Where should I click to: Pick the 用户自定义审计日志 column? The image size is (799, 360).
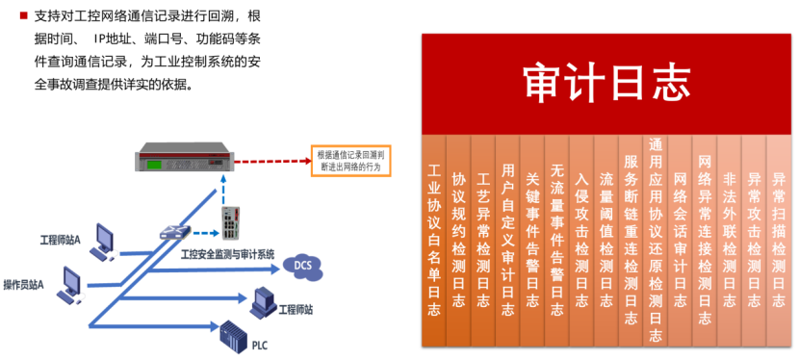tap(507, 241)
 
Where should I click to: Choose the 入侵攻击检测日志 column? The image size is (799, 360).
tap(580, 241)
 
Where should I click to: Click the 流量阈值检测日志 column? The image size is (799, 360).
tap(606, 241)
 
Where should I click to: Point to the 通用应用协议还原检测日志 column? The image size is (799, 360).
tap(656, 241)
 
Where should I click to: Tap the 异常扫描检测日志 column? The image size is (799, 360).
tap(779, 241)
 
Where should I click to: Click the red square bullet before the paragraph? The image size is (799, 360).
tap(11, 17)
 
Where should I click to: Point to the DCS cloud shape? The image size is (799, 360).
tap(302, 265)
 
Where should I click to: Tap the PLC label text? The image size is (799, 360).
tap(260, 345)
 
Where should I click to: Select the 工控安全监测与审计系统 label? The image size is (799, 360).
tap(228, 254)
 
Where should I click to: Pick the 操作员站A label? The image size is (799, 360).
tap(24, 284)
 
